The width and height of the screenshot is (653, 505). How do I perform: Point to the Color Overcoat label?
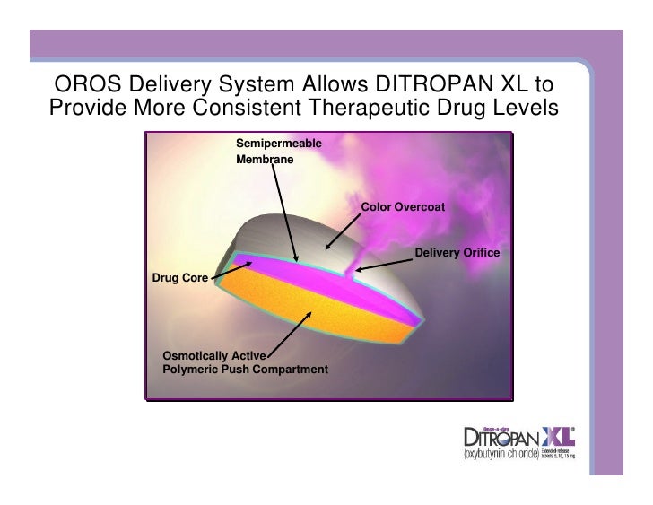[x=403, y=208]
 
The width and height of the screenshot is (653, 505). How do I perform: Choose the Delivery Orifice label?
[x=457, y=254]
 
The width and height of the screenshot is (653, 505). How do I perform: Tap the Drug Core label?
[x=180, y=278]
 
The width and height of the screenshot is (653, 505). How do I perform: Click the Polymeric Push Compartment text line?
[x=245, y=370]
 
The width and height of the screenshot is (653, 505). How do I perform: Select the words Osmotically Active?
[x=213, y=357]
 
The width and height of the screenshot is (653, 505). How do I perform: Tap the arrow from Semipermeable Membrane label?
[x=288, y=215]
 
